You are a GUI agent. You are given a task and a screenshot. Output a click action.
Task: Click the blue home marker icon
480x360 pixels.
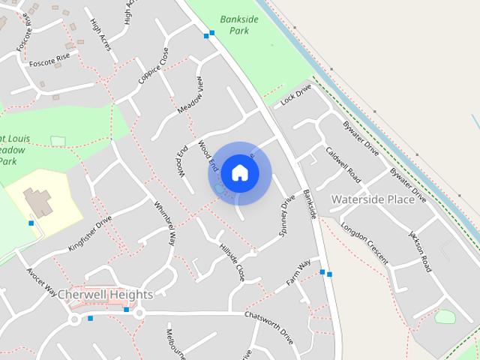coord(239,173)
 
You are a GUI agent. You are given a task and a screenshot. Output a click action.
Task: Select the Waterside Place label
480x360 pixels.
coord(373,199)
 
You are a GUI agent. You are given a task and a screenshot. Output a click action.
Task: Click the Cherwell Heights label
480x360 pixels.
coord(105,295)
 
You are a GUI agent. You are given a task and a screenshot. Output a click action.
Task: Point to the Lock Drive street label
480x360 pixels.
coord(295,96)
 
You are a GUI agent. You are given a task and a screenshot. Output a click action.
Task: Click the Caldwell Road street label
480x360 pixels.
coord(343,164)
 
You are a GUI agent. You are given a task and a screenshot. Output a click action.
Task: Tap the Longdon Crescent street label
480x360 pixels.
coord(364,242)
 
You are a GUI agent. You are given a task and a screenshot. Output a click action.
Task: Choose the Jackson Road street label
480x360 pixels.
coord(420,251)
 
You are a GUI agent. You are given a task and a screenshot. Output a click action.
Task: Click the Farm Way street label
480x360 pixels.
coord(298,274)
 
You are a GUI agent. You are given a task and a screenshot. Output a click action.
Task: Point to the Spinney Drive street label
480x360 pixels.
coord(288,217)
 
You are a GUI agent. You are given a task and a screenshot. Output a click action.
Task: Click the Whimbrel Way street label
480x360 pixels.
coord(164,223)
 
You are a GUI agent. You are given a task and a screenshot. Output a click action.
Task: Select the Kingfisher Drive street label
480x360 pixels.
coord(90,233)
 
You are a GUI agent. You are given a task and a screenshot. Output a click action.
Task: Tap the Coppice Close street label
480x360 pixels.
coord(153,65)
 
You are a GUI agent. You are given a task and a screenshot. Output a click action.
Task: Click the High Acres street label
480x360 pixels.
coord(100,34)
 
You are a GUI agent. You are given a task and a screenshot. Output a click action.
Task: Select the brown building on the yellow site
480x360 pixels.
coord(37,201)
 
